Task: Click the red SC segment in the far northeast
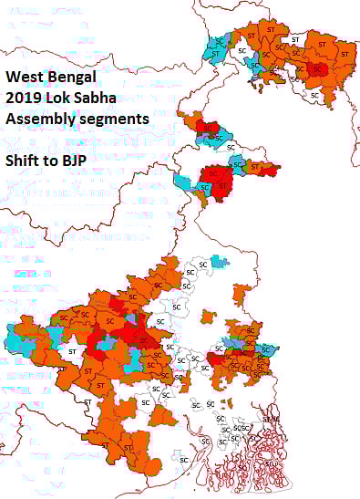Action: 317,68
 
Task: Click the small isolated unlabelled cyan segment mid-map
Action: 217,262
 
